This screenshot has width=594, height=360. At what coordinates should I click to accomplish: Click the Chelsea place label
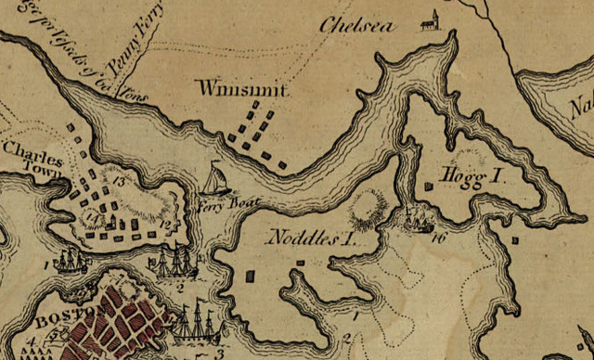[355, 24]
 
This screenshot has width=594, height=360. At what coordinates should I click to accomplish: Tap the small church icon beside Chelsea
[429, 20]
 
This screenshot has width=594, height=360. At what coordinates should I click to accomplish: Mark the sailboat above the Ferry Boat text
[214, 178]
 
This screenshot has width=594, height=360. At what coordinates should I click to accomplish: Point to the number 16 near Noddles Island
[437, 238]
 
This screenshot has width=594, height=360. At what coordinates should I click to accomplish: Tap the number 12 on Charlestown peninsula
[163, 224]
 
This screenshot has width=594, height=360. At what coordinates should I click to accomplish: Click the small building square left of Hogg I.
[429, 186]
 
